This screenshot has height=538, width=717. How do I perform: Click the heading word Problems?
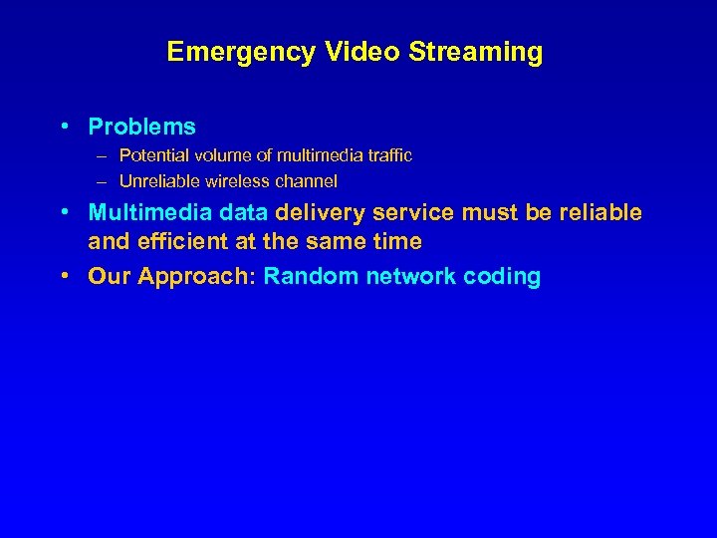pyautogui.click(x=141, y=128)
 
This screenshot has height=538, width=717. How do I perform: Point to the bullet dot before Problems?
pyautogui.click(x=63, y=127)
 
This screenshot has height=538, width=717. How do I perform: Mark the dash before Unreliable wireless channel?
pyautogui.click(x=105, y=181)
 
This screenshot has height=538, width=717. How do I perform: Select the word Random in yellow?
pyautogui.click(x=311, y=277)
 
